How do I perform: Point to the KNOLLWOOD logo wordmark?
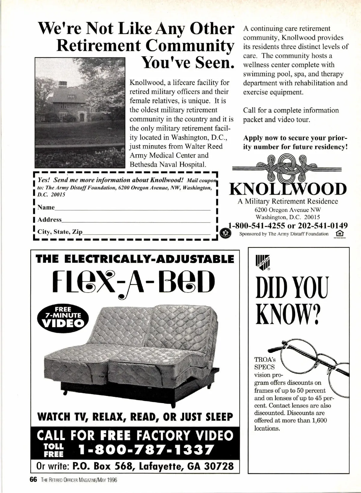(x=288, y=189)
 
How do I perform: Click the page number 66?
(x=33, y=480)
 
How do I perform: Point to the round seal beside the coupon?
(x=225, y=233)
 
